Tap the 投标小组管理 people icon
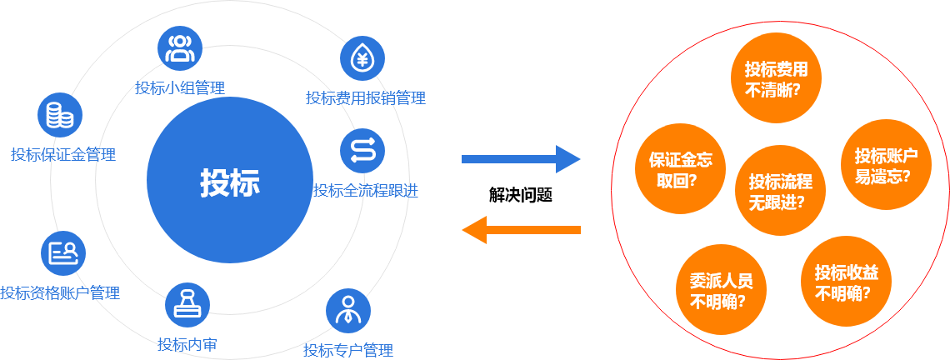click(x=180, y=48)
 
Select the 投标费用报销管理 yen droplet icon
click(x=362, y=58)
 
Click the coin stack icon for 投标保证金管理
click(x=60, y=115)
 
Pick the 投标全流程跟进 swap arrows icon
click(x=362, y=150)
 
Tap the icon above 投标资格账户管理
click(x=63, y=252)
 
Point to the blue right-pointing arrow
click(x=521, y=158)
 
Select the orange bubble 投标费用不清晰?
click(x=777, y=77)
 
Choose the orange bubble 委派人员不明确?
click(x=722, y=292)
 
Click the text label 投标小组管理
click(x=180, y=87)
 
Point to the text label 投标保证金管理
click(x=63, y=154)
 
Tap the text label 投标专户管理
click(x=348, y=350)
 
